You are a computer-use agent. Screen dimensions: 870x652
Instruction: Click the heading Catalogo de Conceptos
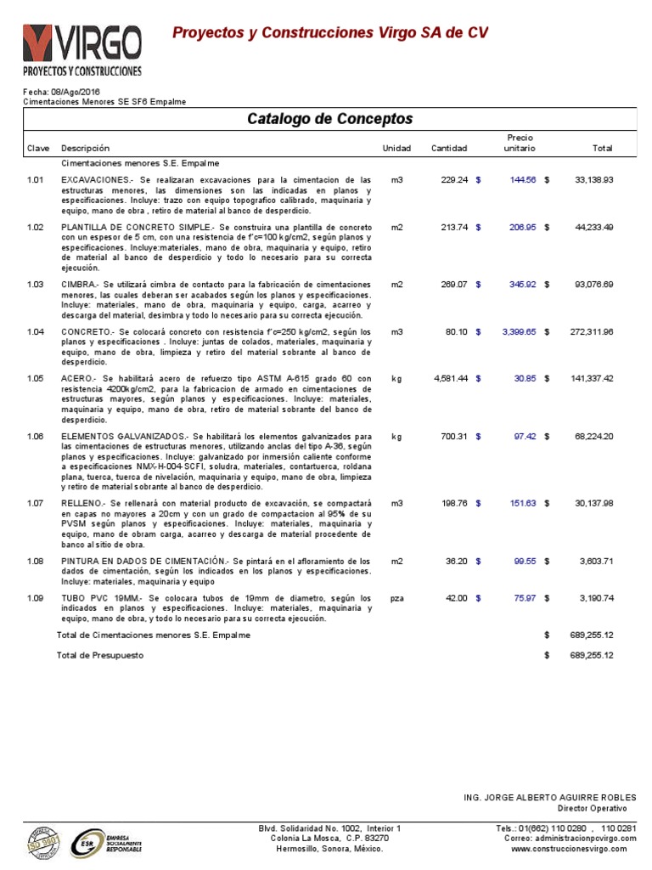click(329, 118)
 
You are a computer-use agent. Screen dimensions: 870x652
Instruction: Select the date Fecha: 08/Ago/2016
click(61, 91)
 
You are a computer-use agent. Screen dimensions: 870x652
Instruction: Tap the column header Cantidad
click(448, 149)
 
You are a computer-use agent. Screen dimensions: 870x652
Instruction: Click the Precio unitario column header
click(520, 143)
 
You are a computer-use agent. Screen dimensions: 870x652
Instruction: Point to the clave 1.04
click(35, 331)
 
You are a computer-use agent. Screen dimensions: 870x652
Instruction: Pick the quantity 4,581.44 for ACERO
click(450, 378)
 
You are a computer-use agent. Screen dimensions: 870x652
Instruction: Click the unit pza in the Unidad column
click(396, 598)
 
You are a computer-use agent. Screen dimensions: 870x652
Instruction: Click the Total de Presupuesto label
click(100, 655)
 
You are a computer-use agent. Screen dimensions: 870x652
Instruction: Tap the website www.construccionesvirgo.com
click(568, 849)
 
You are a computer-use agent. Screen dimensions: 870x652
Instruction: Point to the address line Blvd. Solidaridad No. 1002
click(329, 828)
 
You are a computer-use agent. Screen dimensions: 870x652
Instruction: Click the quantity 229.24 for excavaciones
click(454, 180)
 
